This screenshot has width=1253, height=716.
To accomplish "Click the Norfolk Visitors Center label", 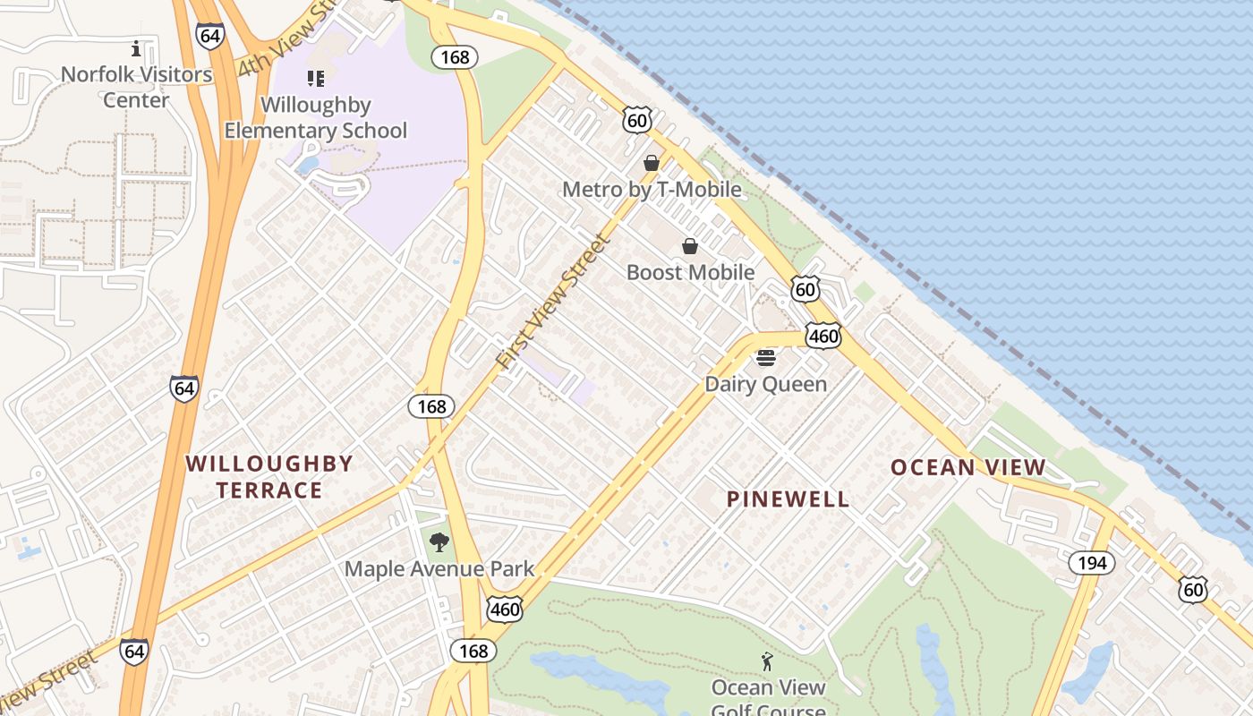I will [136, 87].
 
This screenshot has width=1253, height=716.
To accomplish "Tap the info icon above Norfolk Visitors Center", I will [136, 48].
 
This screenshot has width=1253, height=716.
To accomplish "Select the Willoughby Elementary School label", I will [315, 117].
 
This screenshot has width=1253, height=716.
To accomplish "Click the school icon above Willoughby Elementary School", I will [315, 79].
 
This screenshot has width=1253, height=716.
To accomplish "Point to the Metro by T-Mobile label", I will [652, 189].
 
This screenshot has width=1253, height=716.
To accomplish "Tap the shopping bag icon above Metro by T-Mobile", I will [652, 163].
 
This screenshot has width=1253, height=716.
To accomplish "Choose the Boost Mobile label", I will [690, 272].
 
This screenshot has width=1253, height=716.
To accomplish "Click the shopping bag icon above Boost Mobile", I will [690, 246].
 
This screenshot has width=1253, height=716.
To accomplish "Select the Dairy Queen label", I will [766, 384].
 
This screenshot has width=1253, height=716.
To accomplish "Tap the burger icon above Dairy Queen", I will [766, 358].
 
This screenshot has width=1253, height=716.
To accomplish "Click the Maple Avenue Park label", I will [439, 568].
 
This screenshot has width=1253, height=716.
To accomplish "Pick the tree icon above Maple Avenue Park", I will [439, 541].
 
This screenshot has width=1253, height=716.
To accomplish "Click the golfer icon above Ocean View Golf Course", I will [767, 662].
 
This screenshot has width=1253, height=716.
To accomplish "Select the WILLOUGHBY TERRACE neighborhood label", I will [269, 476].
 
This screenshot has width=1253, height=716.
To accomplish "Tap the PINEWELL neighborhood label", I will [788, 499].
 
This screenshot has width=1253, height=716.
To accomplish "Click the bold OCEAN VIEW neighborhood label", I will [968, 467].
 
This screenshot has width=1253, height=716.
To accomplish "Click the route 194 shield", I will [1092, 562].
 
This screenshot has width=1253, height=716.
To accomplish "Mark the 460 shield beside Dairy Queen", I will [823, 336].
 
